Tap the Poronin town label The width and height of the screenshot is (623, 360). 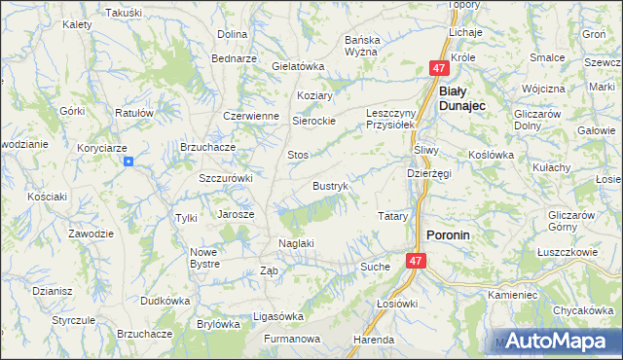[449, 234]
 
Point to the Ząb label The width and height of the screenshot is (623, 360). [270, 271]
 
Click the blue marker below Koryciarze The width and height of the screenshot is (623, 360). [128, 162]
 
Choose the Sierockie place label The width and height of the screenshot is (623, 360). [314, 121]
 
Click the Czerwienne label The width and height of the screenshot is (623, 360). [251, 115]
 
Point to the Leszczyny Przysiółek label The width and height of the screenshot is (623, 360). [390, 119]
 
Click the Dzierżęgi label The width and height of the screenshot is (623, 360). [428, 173]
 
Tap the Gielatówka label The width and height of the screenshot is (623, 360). [298, 66]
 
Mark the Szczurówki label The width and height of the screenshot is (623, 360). [226, 178]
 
